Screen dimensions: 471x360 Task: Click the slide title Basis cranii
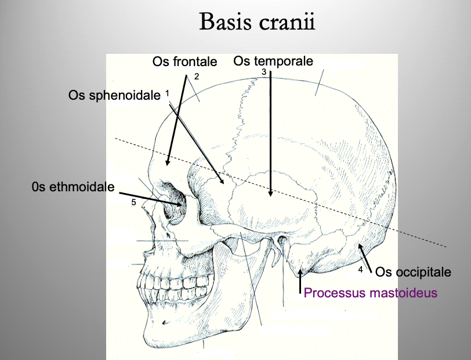258,23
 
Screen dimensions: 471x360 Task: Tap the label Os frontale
184,61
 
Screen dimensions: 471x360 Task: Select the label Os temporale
273,61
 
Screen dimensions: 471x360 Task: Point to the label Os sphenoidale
114,95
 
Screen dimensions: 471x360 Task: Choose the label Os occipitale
413,271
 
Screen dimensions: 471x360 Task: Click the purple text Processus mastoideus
370,293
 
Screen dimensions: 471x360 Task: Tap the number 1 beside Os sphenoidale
167,93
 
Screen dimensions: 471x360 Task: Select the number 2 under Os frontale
197,77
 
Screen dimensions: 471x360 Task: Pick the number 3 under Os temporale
263,72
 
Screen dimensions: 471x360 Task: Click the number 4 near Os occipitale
360,270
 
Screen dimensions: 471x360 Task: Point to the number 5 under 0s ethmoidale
133,202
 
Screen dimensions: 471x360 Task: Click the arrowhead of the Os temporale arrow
271,195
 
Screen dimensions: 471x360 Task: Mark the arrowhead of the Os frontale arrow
168,163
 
